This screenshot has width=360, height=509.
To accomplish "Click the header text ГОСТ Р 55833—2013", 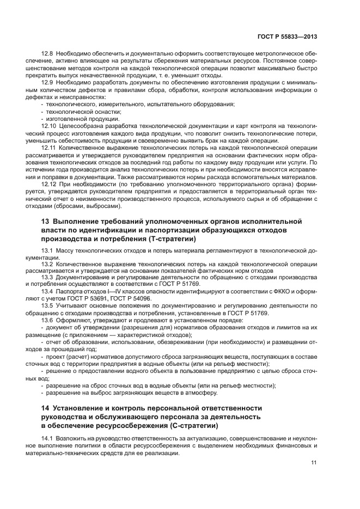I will point(288,36).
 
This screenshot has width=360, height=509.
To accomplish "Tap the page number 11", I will point(314,463).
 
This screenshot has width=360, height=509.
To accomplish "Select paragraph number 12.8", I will point(48,54).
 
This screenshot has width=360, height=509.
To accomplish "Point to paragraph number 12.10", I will point(50,126).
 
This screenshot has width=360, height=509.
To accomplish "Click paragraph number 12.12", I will point(50,184).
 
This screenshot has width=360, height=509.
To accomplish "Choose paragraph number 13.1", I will point(48,250).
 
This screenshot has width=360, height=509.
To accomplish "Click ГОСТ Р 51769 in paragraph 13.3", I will point(182,284).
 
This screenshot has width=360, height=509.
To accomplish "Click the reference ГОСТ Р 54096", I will point(147,298).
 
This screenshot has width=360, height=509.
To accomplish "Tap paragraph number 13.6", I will point(48,320).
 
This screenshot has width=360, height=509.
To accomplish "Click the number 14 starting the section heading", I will point(46,408).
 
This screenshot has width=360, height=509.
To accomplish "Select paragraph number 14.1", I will point(48,438).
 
